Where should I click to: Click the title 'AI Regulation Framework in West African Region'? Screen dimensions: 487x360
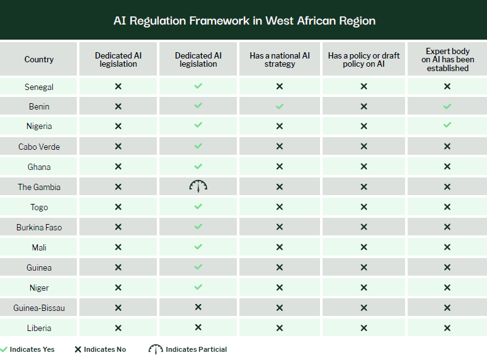pos(244,21)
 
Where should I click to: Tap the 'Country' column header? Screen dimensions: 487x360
pos(39,59)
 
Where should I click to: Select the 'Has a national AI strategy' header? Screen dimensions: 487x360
pos(280,60)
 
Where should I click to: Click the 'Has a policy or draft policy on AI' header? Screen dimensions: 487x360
pos(364,60)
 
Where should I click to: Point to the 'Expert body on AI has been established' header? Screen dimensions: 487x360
pos(447,60)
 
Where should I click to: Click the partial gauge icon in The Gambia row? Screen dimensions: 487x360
pos(198,186)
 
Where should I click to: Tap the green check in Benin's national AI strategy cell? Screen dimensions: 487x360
pos(280,106)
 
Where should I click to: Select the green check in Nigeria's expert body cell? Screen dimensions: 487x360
pos(447,125)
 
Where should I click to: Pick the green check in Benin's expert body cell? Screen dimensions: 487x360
pos(447,106)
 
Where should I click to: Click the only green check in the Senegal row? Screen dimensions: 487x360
pos(198,86)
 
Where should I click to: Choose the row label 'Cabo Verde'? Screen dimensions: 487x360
pos(39,147)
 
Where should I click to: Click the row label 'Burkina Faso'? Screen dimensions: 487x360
pos(39,227)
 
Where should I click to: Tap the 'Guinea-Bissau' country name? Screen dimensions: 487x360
pos(39,308)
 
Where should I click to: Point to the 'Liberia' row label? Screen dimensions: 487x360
pos(39,329)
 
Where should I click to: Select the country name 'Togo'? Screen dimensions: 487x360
pos(39,207)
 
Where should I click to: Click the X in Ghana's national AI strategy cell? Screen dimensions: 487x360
pos(280,167)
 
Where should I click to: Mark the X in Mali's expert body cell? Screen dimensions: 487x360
pos(447,247)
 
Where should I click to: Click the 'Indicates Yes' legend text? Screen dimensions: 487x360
pos(32,349)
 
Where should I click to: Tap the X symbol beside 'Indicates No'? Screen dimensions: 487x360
pos(78,349)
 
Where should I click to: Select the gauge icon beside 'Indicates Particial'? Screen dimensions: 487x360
pos(156,349)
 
